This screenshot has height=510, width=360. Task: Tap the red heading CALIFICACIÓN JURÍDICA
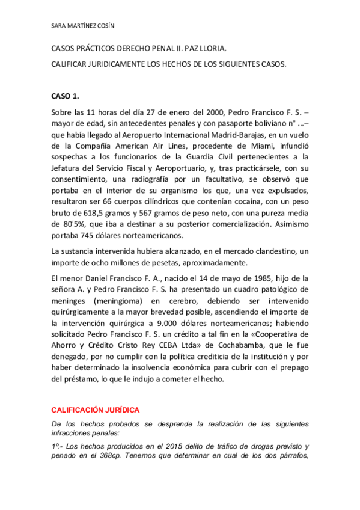95,410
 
